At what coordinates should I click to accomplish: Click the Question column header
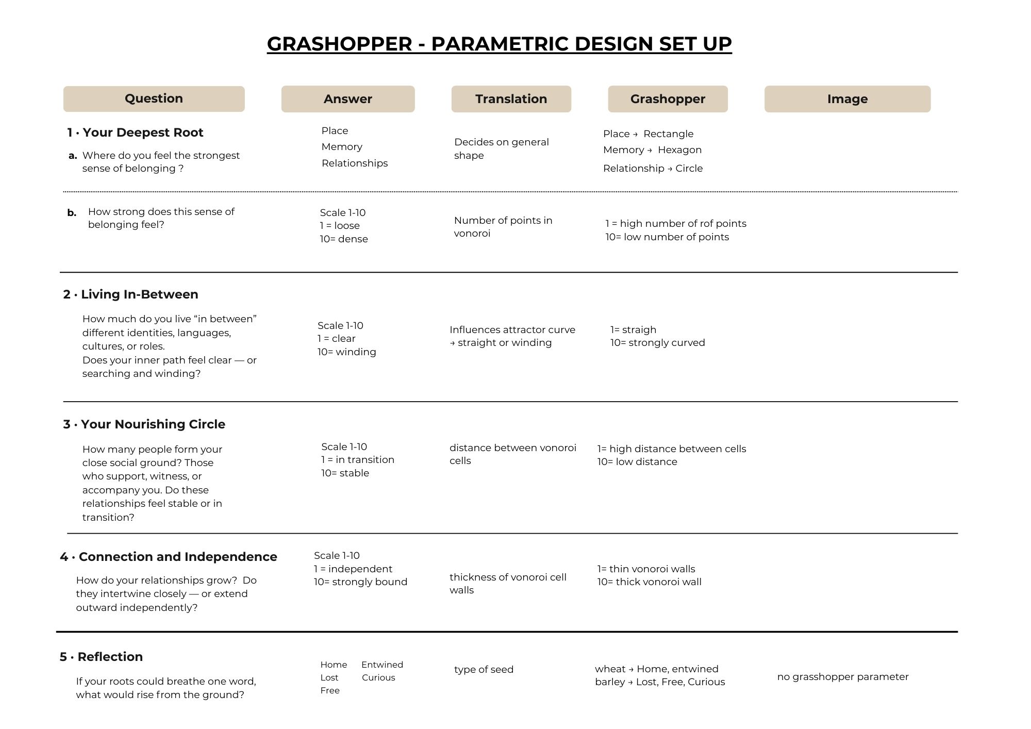pyautogui.click(x=154, y=98)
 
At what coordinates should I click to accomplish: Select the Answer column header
pyautogui.click(x=347, y=99)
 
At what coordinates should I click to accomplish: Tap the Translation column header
pyautogui.click(x=511, y=99)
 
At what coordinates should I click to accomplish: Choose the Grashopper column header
pyautogui.click(x=668, y=99)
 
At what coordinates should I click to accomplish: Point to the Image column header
pyautogui.click(x=847, y=99)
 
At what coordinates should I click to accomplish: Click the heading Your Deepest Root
pyautogui.click(x=143, y=132)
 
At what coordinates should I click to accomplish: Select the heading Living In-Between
pyautogui.click(x=139, y=294)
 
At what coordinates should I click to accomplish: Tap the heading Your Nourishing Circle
pyautogui.click(x=153, y=424)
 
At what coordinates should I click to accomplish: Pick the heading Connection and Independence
pyautogui.click(x=177, y=557)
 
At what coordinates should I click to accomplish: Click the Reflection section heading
pyautogui.click(x=110, y=657)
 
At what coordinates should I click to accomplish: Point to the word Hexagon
pyautogui.click(x=679, y=150)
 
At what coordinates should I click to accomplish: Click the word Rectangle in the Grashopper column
pyautogui.click(x=668, y=134)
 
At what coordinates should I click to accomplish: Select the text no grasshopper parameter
pyautogui.click(x=842, y=677)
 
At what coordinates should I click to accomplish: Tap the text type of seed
pyautogui.click(x=484, y=670)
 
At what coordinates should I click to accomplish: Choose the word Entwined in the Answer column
pyautogui.click(x=382, y=665)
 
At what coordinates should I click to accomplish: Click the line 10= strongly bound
pyautogui.click(x=360, y=582)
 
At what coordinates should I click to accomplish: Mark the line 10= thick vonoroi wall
pyautogui.click(x=649, y=582)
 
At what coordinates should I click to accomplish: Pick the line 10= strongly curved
pyautogui.click(x=657, y=343)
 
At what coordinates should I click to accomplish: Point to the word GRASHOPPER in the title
pyautogui.click(x=339, y=44)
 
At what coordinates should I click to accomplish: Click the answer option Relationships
pyautogui.click(x=355, y=163)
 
